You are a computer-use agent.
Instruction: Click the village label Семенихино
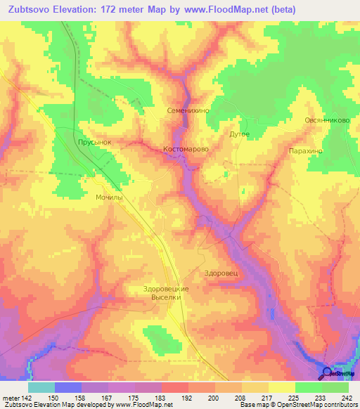(188, 111)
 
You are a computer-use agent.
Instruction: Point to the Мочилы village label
(109, 198)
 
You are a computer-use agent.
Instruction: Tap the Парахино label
(305, 151)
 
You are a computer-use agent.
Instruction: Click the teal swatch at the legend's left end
(41, 387)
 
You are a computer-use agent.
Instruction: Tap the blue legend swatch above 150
(68, 387)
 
